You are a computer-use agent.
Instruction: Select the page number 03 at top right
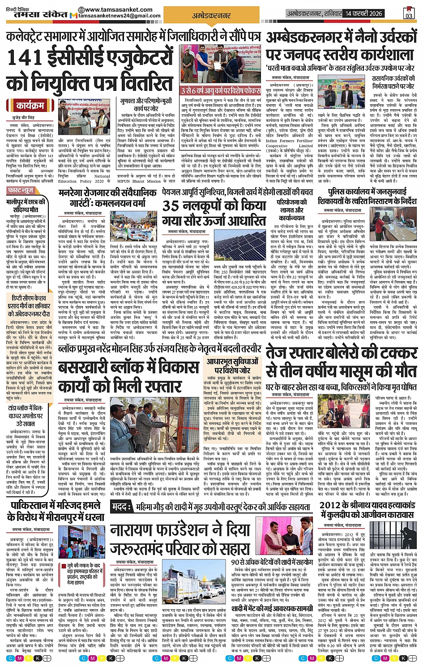pos(409,13)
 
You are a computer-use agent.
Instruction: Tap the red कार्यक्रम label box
pos(30,106)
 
